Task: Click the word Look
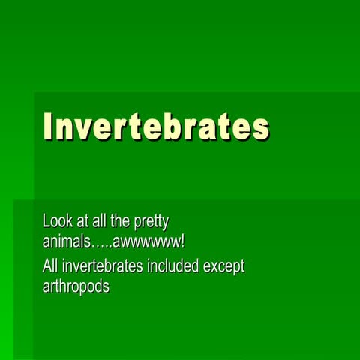58,221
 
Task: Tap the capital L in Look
46,221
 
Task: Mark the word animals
66,241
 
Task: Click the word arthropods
76,287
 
